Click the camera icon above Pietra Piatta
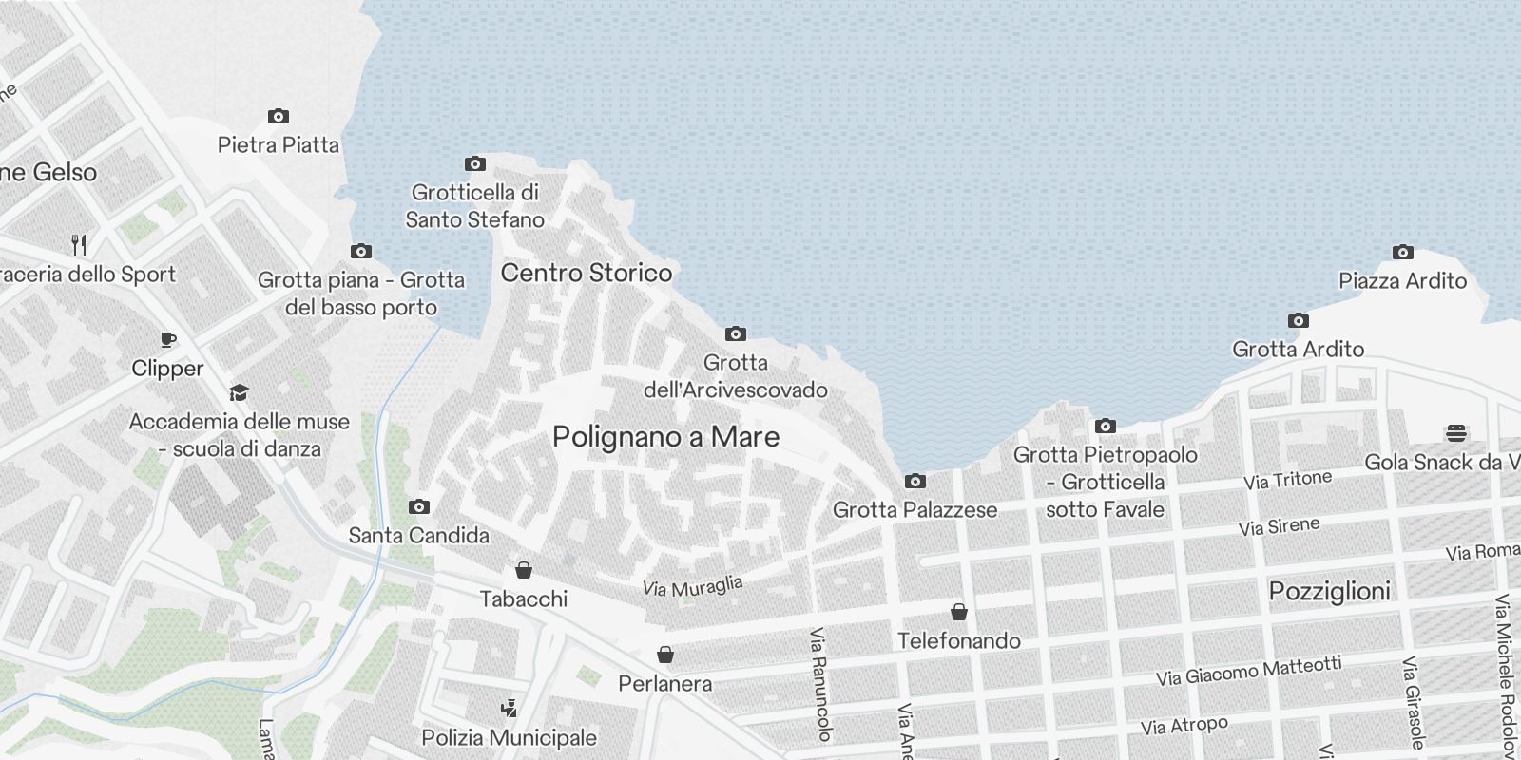pyautogui.click(x=278, y=117)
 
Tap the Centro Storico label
pyautogui.click(x=587, y=273)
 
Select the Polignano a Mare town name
pyautogui.click(x=665, y=437)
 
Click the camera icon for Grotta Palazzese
pyautogui.click(x=915, y=482)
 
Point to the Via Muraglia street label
pyautogui.click(x=692, y=586)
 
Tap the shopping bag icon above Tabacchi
pyautogui.click(x=523, y=570)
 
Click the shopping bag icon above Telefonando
pyautogui.click(x=958, y=612)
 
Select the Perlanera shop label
pyautogui.click(x=664, y=683)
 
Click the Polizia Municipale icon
pyautogui.click(x=509, y=709)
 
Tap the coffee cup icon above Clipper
pyautogui.click(x=167, y=339)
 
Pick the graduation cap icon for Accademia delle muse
pyautogui.click(x=239, y=392)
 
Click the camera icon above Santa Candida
pyautogui.click(x=418, y=507)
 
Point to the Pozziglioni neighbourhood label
pyautogui.click(x=1329, y=591)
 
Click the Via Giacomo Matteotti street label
pyautogui.click(x=1248, y=671)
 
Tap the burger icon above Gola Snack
pyautogui.click(x=1455, y=434)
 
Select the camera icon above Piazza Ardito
pyautogui.click(x=1402, y=253)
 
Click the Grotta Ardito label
pyautogui.click(x=1298, y=349)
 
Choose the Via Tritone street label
pyautogui.click(x=1287, y=480)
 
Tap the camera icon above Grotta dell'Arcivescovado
pyautogui.click(x=735, y=334)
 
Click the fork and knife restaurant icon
pyautogui.click(x=80, y=245)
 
